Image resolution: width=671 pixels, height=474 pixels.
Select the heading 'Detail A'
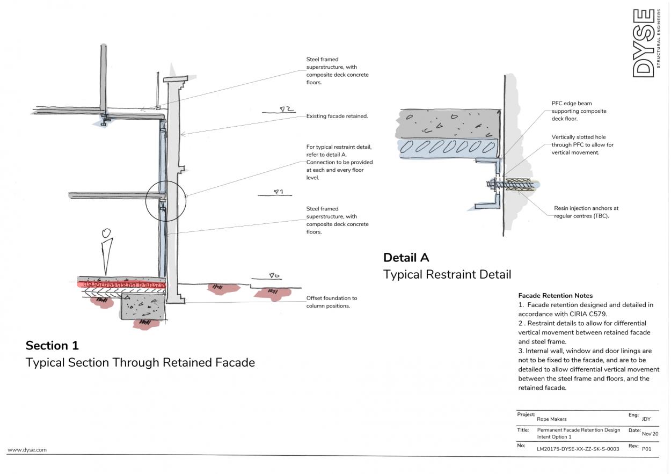406,257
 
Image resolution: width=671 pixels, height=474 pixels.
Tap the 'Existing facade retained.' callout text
337,116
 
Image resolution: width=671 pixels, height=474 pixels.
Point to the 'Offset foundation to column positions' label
331,302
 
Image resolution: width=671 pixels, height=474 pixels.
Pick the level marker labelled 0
274,276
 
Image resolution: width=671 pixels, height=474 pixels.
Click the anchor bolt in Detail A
510,184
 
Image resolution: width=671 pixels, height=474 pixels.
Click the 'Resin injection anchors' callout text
586,212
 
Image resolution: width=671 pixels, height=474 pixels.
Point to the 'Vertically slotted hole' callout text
582,145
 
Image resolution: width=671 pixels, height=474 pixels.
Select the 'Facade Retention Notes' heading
555,296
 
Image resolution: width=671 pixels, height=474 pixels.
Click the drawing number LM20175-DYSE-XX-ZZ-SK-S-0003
578,449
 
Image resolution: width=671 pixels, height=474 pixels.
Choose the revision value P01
646,449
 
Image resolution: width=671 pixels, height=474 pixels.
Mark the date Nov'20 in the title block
647,434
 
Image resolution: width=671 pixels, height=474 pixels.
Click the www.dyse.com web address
27,450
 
